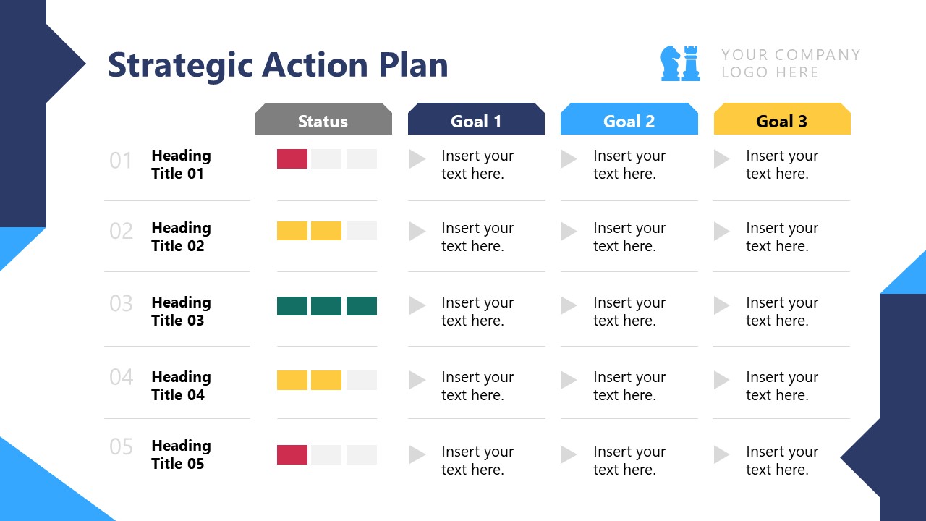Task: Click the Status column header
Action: coord(323,121)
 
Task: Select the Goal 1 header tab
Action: coord(475,121)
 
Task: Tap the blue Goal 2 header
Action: coord(629,121)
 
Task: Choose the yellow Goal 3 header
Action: coord(781,121)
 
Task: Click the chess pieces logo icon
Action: coord(680,63)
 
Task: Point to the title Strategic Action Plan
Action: coord(278,64)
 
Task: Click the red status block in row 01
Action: coord(292,159)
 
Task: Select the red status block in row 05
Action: coord(292,455)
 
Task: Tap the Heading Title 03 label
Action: coord(181,311)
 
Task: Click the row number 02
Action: coord(122,232)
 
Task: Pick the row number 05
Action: coord(122,447)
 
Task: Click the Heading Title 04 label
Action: coord(181,386)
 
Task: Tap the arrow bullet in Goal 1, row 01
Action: coord(417,159)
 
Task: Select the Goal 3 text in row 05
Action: coord(781,460)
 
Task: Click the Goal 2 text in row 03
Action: coord(629,311)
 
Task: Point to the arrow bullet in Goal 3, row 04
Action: coord(721,380)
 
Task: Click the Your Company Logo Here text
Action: coord(790,64)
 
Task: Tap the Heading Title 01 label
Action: coord(181,164)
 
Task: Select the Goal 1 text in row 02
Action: coord(477,237)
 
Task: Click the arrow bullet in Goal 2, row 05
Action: coord(569,454)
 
